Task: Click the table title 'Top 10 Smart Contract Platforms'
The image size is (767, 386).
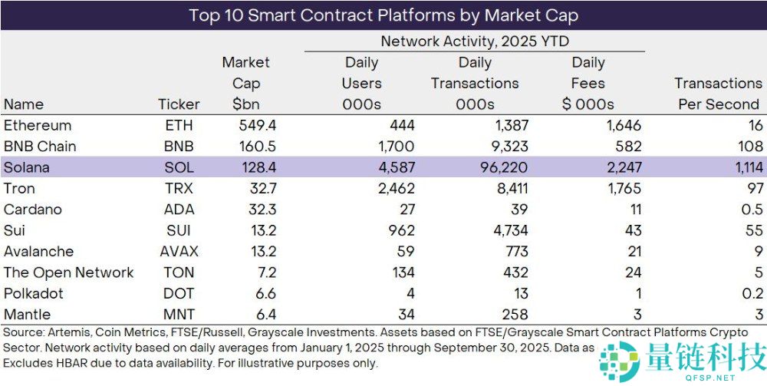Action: pos(383,15)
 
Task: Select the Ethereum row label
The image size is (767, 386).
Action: pos(38,126)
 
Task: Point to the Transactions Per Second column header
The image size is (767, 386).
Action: pos(718,94)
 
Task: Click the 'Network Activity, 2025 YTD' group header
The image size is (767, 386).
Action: pos(475,42)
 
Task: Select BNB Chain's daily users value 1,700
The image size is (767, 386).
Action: pos(396,147)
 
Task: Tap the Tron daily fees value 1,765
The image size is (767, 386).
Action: pos(621,189)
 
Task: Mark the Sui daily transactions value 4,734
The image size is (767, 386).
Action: pos(507,230)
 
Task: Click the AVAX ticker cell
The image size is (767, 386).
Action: pos(178,252)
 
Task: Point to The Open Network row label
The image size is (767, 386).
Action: pos(68,272)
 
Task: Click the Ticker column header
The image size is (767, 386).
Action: pos(179,104)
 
